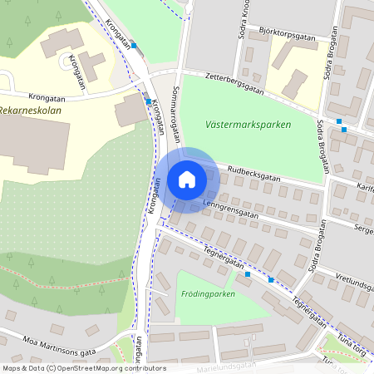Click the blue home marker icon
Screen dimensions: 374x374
pyautogui.click(x=187, y=180)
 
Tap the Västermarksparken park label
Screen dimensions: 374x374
pyautogui.click(x=247, y=125)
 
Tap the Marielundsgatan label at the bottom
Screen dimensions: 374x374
pyautogui.click(x=224, y=368)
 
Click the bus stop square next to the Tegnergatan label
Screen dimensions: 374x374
pyautogui.click(x=248, y=273)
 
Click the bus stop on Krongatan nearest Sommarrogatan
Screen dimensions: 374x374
pyautogui.click(x=148, y=101)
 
